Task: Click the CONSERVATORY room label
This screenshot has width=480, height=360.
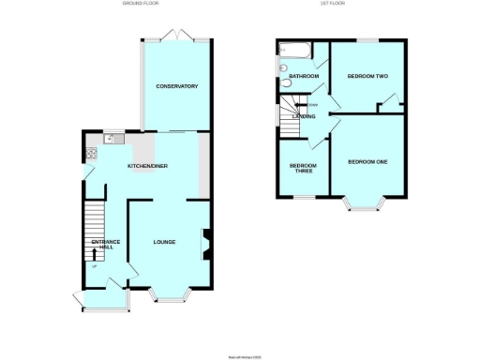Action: tap(176, 86)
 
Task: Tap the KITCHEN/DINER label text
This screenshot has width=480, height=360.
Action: tap(148, 166)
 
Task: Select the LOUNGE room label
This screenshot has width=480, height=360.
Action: tap(165, 242)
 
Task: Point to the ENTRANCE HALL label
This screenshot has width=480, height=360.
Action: tap(105, 246)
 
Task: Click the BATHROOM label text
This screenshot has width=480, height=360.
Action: tap(304, 76)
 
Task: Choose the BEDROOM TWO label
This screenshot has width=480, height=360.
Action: tap(367, 76)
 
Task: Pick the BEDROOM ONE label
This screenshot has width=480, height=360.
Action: tap(367, 162)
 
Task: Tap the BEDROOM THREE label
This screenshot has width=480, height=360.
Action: tap(302, 169)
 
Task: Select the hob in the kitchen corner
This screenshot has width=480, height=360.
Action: tap(91, 153)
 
